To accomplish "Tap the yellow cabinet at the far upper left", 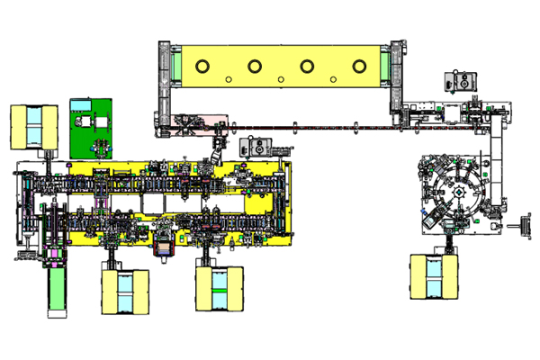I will [x=33, y=126].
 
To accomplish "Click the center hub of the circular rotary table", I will [x=459, y=192].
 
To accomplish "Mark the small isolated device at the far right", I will [x=519, y=226].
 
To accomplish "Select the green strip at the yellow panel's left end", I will [x=179, y=66].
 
